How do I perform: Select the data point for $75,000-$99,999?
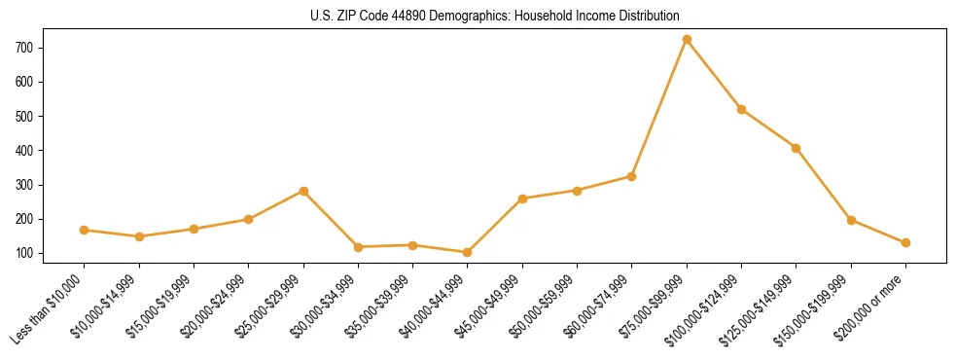(687, 40)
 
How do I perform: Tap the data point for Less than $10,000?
(85, 231)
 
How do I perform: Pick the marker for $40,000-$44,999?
(468, 252)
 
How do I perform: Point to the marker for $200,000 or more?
(905, 242)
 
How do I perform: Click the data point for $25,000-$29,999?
(303, 191)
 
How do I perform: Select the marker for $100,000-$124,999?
(741, 109)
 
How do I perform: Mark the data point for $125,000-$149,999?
(797, 148)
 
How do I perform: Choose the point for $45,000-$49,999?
(522, 198)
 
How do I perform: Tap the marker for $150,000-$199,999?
(851, 220)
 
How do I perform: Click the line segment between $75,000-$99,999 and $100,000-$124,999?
(714, 75)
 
